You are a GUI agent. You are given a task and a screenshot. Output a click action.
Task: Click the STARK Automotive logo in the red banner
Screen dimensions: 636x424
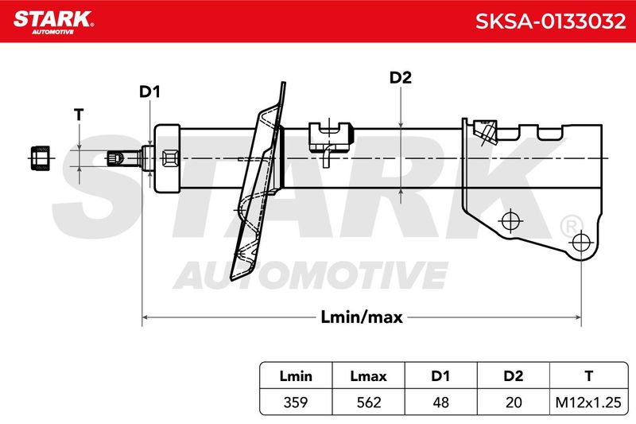click(53, 21)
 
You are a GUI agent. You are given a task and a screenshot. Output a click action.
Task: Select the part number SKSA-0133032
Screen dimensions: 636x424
click(550, 21)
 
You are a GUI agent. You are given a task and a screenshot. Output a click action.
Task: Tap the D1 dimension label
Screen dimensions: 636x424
click(149, 91)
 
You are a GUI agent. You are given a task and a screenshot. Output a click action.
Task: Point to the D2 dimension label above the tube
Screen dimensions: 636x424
click(401, 77)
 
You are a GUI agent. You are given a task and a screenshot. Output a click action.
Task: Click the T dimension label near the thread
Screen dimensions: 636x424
click(79, 115)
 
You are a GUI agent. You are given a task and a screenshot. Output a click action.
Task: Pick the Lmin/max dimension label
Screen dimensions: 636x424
click(362, 317)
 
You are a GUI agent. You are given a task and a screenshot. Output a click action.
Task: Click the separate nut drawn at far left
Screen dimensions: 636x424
click(41, 158)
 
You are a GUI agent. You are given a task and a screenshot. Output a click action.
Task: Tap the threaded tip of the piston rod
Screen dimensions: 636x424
click(114, 158)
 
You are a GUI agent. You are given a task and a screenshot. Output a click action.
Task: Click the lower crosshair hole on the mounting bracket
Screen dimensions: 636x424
click(581, 243)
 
